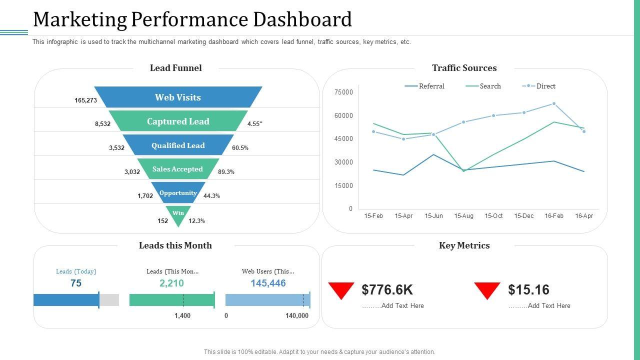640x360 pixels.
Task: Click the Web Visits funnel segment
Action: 178,97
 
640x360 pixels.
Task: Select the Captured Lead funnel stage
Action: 178,121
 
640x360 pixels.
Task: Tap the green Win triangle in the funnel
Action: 178,215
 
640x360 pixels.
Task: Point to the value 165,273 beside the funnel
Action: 85,100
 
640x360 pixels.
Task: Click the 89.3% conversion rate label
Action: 226,172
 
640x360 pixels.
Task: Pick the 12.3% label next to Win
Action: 196,221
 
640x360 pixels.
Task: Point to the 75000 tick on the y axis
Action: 344,92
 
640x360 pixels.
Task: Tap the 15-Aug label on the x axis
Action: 463,216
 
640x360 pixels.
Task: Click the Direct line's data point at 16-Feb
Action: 554,103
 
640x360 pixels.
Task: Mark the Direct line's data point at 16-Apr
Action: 584,131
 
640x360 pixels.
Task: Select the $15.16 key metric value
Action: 528,290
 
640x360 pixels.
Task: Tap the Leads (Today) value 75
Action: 76,283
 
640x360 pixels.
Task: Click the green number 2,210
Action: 171,283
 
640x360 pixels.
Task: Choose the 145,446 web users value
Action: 268,283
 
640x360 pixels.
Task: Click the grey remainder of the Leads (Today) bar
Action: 109,300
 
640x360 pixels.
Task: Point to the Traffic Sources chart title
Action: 464,68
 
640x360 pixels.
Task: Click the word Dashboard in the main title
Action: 303,19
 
